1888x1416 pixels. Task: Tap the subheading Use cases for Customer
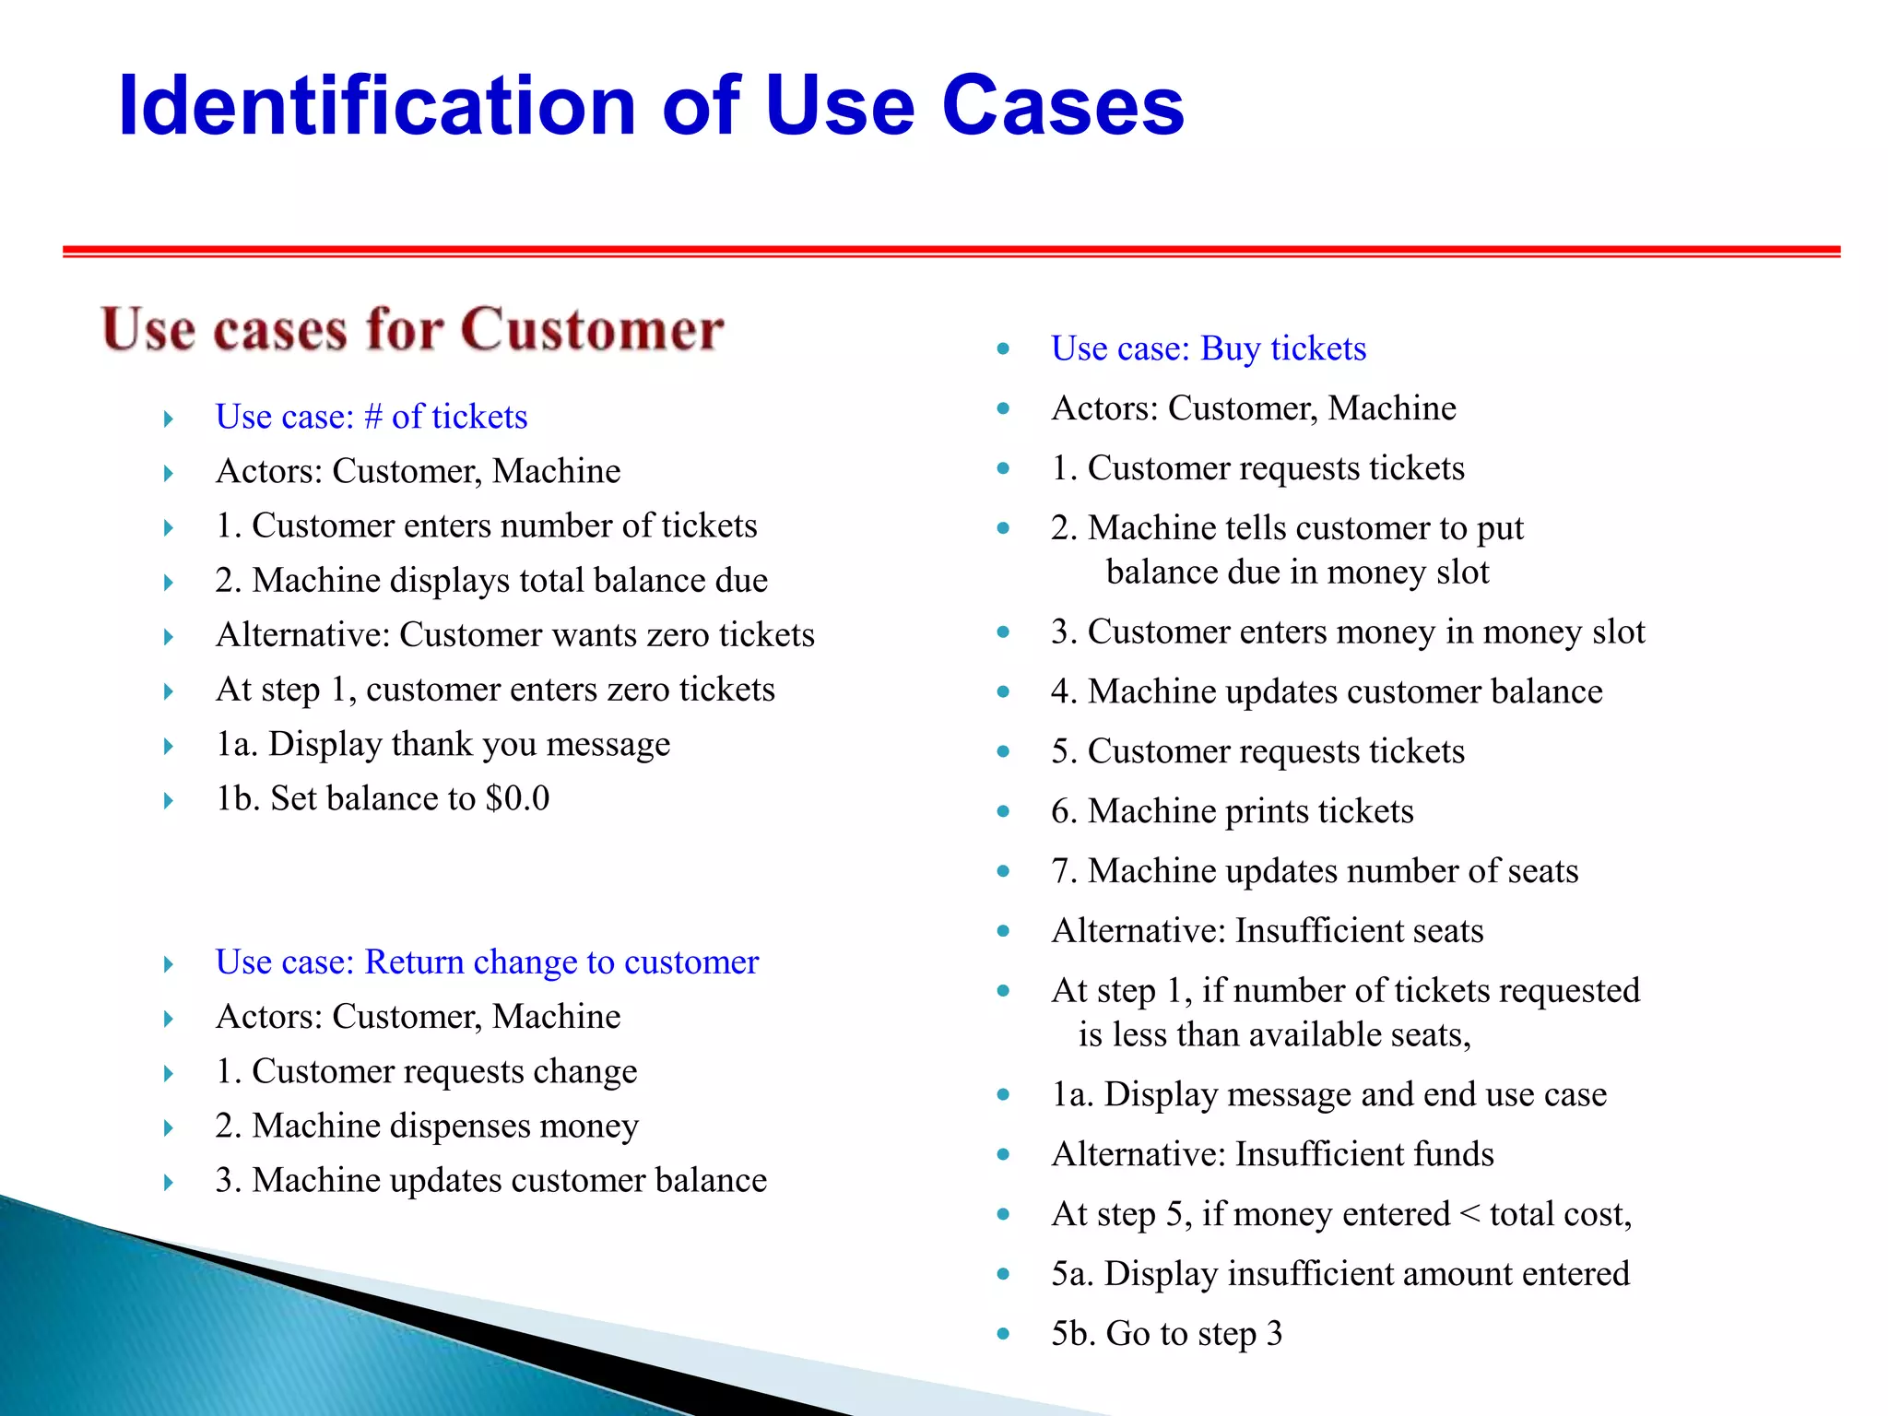(412, 330)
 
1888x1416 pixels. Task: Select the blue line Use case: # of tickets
(371, 417)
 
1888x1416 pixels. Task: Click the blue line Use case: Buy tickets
(1208, 348)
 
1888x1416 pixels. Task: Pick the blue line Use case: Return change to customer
(487, 962)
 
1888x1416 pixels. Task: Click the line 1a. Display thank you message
(442, 744)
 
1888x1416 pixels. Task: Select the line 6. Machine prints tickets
(1232, 811)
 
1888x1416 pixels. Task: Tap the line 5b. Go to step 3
(1166, 1333)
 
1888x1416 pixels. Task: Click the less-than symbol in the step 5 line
(1469, 1214)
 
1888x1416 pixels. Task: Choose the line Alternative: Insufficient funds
(1272, 1154)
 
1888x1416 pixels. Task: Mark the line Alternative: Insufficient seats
(1267, 931)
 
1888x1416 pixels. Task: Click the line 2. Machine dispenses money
(427, 1126)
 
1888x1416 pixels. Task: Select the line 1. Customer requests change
(426, 1071)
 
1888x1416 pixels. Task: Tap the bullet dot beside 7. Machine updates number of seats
(1003, 871)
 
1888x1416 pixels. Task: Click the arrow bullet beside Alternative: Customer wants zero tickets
(168, 637)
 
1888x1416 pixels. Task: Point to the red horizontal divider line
(950, 251)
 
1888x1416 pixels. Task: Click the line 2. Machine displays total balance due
(491, 581)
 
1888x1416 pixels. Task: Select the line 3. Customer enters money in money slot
(1347, 632)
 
